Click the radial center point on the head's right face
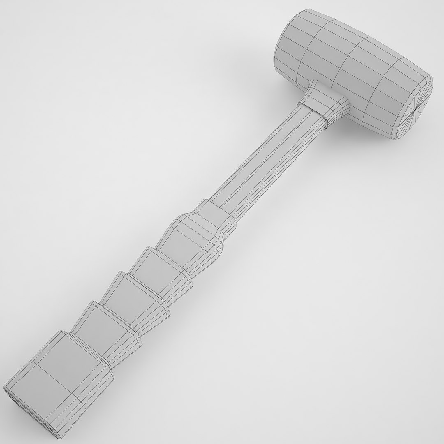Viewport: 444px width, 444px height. point(416,110)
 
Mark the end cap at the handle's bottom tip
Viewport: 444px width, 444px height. point(29,415)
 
